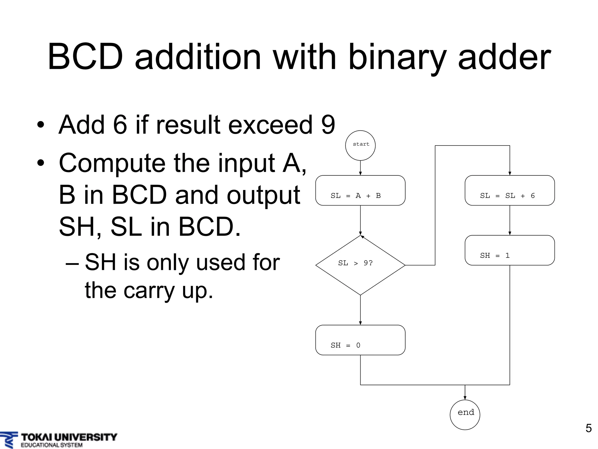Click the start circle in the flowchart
(360, 145)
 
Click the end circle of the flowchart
(465, 415)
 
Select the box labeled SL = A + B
(360, 190)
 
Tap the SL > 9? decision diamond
(360, 265)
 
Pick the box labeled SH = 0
(360, 340)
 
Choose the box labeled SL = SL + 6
(510, 190)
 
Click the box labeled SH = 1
(510, 250)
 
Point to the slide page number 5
(588, 428)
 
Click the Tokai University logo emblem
(9, 440)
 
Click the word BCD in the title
(85, 57)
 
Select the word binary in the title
(397, 57)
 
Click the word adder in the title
(504, 57)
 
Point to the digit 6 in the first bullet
(120, 125)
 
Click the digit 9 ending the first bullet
(328, 125)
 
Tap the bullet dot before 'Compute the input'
(41, 163)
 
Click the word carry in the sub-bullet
(149, 291)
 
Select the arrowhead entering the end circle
(465, 398)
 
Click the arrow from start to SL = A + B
(360, 168)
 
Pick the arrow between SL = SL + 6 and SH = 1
(510, 220)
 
